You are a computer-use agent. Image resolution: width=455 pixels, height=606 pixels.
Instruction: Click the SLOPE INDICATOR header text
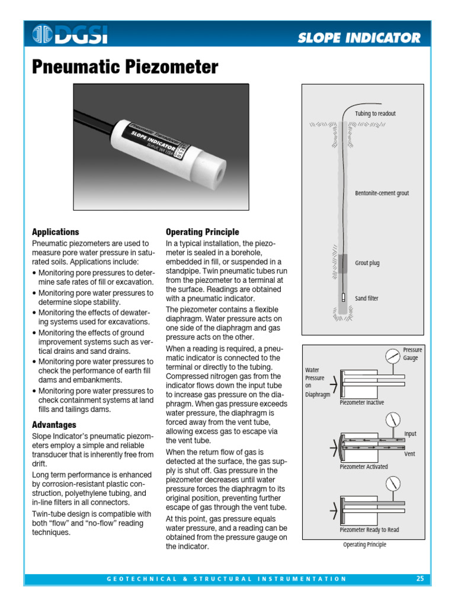point(359,38)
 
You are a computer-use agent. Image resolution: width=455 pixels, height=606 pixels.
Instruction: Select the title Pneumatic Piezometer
point(124,67)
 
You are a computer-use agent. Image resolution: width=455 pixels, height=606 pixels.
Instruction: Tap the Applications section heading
point(55,232)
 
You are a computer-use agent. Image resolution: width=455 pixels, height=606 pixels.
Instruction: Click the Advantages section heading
point(54,425)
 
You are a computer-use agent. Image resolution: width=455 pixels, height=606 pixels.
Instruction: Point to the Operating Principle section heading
point(203,232)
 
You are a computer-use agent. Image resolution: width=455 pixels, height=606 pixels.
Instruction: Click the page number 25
point(419,579)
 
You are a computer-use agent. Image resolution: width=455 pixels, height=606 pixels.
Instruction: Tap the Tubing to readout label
point(375,114)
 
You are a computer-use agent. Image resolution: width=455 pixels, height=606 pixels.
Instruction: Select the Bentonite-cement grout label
point(382,194)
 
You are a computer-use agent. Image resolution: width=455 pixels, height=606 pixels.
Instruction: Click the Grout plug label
point(367,263)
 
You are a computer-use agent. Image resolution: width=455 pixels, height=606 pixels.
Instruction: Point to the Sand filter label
point(367,299)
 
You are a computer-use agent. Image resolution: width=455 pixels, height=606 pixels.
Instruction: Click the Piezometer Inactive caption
point(361,403)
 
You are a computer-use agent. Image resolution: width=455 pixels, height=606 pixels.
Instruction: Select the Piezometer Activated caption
point(364,467)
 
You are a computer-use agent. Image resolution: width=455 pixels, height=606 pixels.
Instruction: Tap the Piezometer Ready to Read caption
point(369,530)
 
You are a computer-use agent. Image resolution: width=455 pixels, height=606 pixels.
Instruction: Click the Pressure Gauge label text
point(412,354)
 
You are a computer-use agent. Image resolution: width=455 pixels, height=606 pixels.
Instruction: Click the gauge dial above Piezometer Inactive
point(392,357)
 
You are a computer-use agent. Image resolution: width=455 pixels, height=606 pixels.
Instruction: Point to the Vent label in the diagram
point(409,454)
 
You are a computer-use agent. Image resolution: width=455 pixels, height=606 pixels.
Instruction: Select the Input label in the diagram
point(410,434)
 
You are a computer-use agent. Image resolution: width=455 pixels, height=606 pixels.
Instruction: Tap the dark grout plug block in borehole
point(344,263)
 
